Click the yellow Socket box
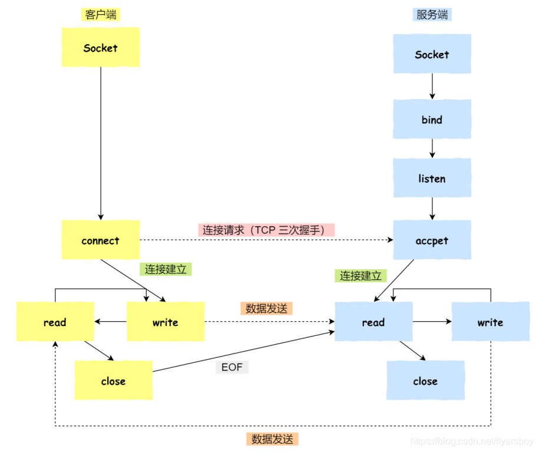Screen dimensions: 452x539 pyautogui.click(x=101, y=48)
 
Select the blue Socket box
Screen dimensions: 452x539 pyautogui.click(x=432, y=54)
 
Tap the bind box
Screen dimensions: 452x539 pyautogui.click(x=432, y=120)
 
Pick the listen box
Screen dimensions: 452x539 pyautogui.click(x=432, y=178)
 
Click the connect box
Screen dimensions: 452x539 pyautogui.click(x=101, y=240)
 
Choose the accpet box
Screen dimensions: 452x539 pyautogui.click(x=432, y=240)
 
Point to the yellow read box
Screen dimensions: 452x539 pyautogui.click(x=55, y=322)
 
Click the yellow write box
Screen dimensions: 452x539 pyautogui.click(x=166, y=322)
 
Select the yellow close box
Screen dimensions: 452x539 pyautogui.click(x=113, y=381)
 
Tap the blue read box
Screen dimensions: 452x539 pyautogui.click(x=373, y=322)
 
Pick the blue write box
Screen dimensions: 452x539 pyautogui.click(x=490, y=322)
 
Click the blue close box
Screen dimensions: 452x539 pyautogui.click(x=425, y=381)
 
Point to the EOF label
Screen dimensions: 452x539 pyautogui.click(x=232, y=367)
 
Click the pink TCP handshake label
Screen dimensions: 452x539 pyautogui.click(x=266, y=230)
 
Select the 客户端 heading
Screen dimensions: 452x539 pyautogui.click(x=101, y=15)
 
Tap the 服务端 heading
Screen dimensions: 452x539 pyautogui.click(x=432, y=15)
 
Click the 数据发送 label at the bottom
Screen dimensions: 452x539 pyautogui.click(x=272, y=439)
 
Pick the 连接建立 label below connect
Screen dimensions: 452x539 pyautogui.click(x=166, y=269)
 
